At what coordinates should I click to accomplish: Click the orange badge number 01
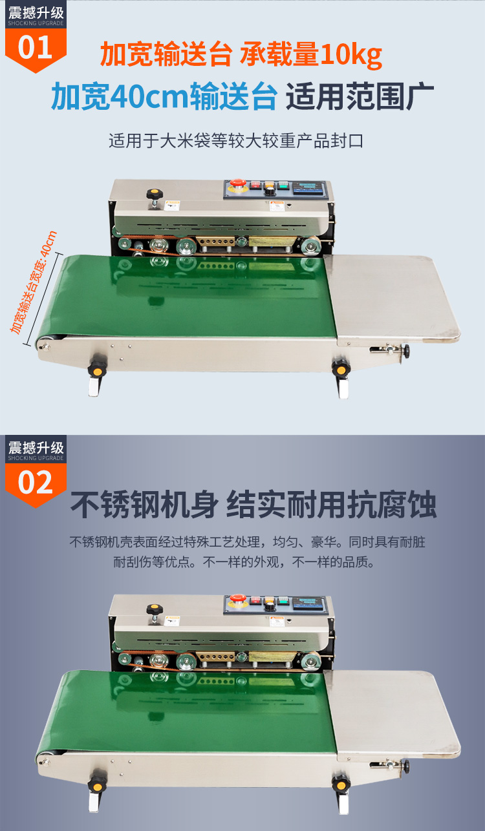tap(36, 48)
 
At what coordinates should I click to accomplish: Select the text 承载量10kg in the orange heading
tap(311, 56)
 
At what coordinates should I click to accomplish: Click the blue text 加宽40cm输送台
tap(164, 96)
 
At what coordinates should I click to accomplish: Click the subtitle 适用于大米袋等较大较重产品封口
tap(235, 141)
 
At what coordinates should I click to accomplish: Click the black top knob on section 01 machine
tap(154, 194)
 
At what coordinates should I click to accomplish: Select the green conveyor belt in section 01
tap(194, 294)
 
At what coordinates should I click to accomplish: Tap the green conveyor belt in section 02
tap(194, 711)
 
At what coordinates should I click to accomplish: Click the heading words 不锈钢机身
tap(144, 505)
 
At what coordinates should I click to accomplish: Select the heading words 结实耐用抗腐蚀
tap(331, 505)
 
